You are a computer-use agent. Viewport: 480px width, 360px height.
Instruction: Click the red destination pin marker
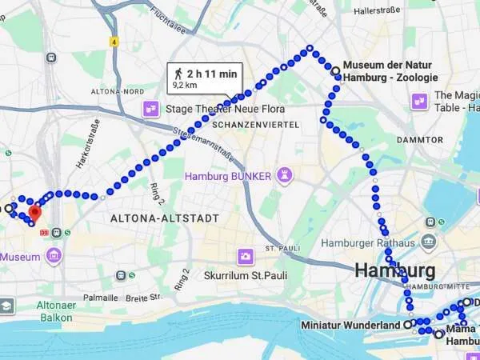point(34,214)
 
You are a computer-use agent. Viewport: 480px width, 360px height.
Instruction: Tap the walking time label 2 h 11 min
point(212,74)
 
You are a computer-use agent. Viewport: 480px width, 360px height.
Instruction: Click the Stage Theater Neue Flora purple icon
point(150,109)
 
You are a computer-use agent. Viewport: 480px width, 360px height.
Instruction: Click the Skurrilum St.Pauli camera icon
point(246,257)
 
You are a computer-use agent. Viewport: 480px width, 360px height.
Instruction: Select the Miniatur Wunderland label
point(350,326)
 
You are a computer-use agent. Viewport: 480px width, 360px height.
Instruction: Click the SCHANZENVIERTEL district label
point(256,125)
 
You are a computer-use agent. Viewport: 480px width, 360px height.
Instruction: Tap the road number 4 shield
point(114,40)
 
